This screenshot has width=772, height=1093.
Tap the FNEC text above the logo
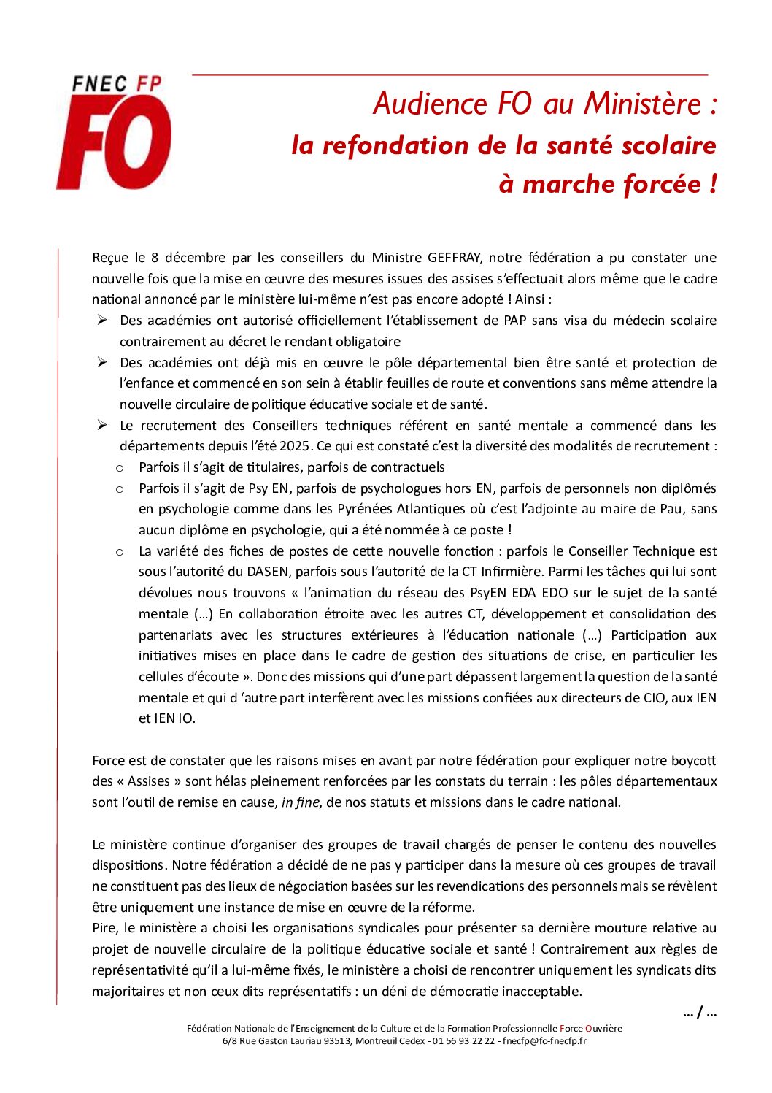(x=99, y=84)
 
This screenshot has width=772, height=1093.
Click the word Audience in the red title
(x=430, y=104)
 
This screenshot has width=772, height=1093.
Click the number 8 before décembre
(x=155, y=258)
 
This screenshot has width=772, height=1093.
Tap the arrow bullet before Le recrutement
(x=102, y=425)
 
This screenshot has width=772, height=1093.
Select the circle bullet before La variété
(x=120, y=551)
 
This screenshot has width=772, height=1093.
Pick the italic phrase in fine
(x=301, y=802)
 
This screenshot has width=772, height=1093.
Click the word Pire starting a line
(x=105, y=928)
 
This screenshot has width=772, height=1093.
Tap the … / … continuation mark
(x=700, y=1013)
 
